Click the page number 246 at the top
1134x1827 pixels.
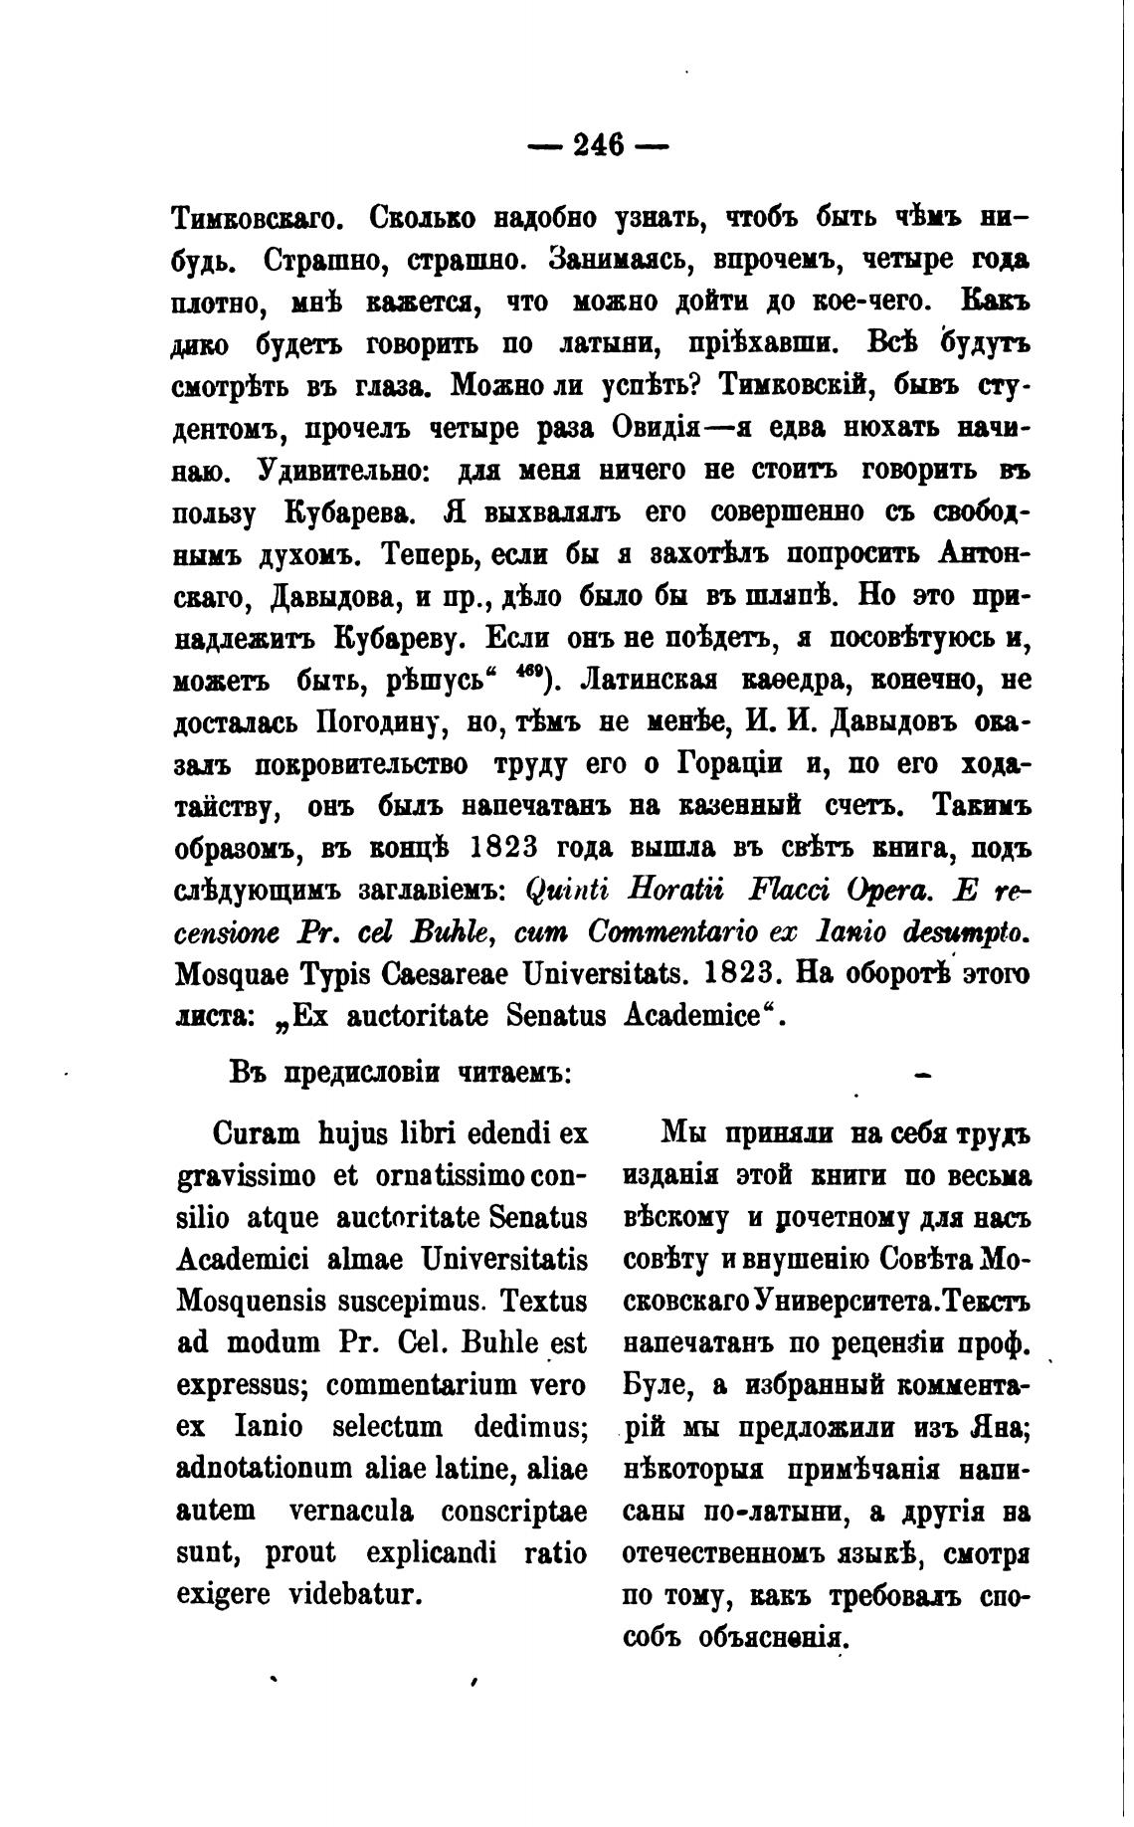pos(598,146)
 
